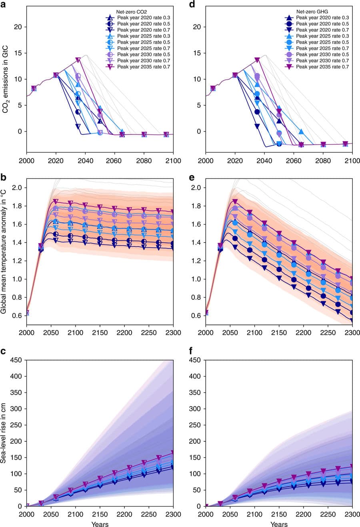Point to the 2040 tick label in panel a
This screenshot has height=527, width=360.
pos(85,161)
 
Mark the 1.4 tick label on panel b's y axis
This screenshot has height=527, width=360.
pos(17,242)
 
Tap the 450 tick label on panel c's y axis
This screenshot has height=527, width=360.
pos(16,360)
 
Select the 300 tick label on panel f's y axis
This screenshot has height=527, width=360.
pos(195,409)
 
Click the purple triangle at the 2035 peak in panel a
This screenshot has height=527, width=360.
pos(78,60)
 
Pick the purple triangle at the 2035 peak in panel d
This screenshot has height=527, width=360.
pos(257,60)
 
